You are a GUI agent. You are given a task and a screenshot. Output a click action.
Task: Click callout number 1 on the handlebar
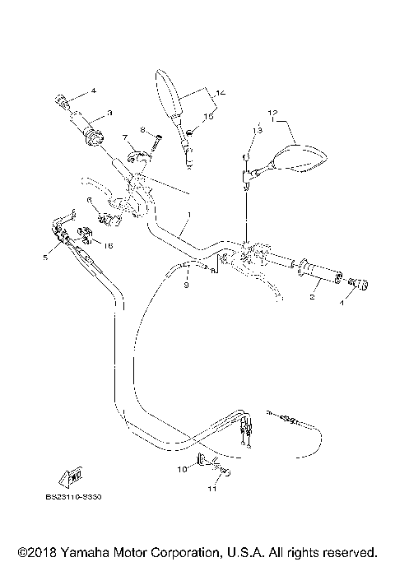pyautogui.click(x=188, y=216)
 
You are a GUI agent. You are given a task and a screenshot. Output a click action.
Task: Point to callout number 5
pyautogui.click(x=44, y=258)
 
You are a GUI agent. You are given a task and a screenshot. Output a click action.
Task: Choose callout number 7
pyautogui.click(x=125, y=137)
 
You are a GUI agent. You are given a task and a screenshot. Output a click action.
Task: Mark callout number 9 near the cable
pyautogui.click(x=186, y=286)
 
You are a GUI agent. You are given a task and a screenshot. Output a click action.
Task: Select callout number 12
pyautogui.click(x=272, y=112)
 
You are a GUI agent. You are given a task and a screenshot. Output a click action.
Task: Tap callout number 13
pyautogui.click(x=257, y=130)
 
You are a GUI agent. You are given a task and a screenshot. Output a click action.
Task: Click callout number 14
pyautogui.click(x=219, y=93)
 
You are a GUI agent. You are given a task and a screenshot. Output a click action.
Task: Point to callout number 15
pyautogui.click(x=208, y=118)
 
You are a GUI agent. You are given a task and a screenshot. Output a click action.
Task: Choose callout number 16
pyautogui.click(x=108, y=245)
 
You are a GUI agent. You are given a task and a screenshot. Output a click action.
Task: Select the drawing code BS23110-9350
pyautogui.click(x=80, y=497)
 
